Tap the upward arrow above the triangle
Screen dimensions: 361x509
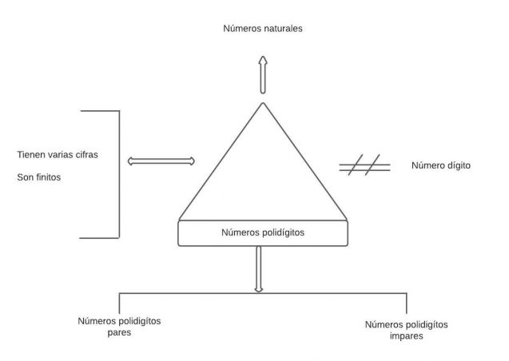262,76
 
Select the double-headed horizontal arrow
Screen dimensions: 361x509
161,161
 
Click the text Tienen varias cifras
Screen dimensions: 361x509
58,154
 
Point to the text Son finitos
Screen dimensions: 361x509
39,177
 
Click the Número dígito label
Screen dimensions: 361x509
440,166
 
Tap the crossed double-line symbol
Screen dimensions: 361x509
364,167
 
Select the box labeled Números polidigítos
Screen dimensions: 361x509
263,233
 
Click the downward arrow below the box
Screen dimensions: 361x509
258,269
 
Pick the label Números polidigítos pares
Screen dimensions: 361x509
119,326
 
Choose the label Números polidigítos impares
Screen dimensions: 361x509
407,330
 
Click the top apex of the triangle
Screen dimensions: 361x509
262,104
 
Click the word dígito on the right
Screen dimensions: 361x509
458,166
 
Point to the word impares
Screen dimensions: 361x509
407,336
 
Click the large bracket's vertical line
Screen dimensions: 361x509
119,174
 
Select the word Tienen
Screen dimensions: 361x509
31,154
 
